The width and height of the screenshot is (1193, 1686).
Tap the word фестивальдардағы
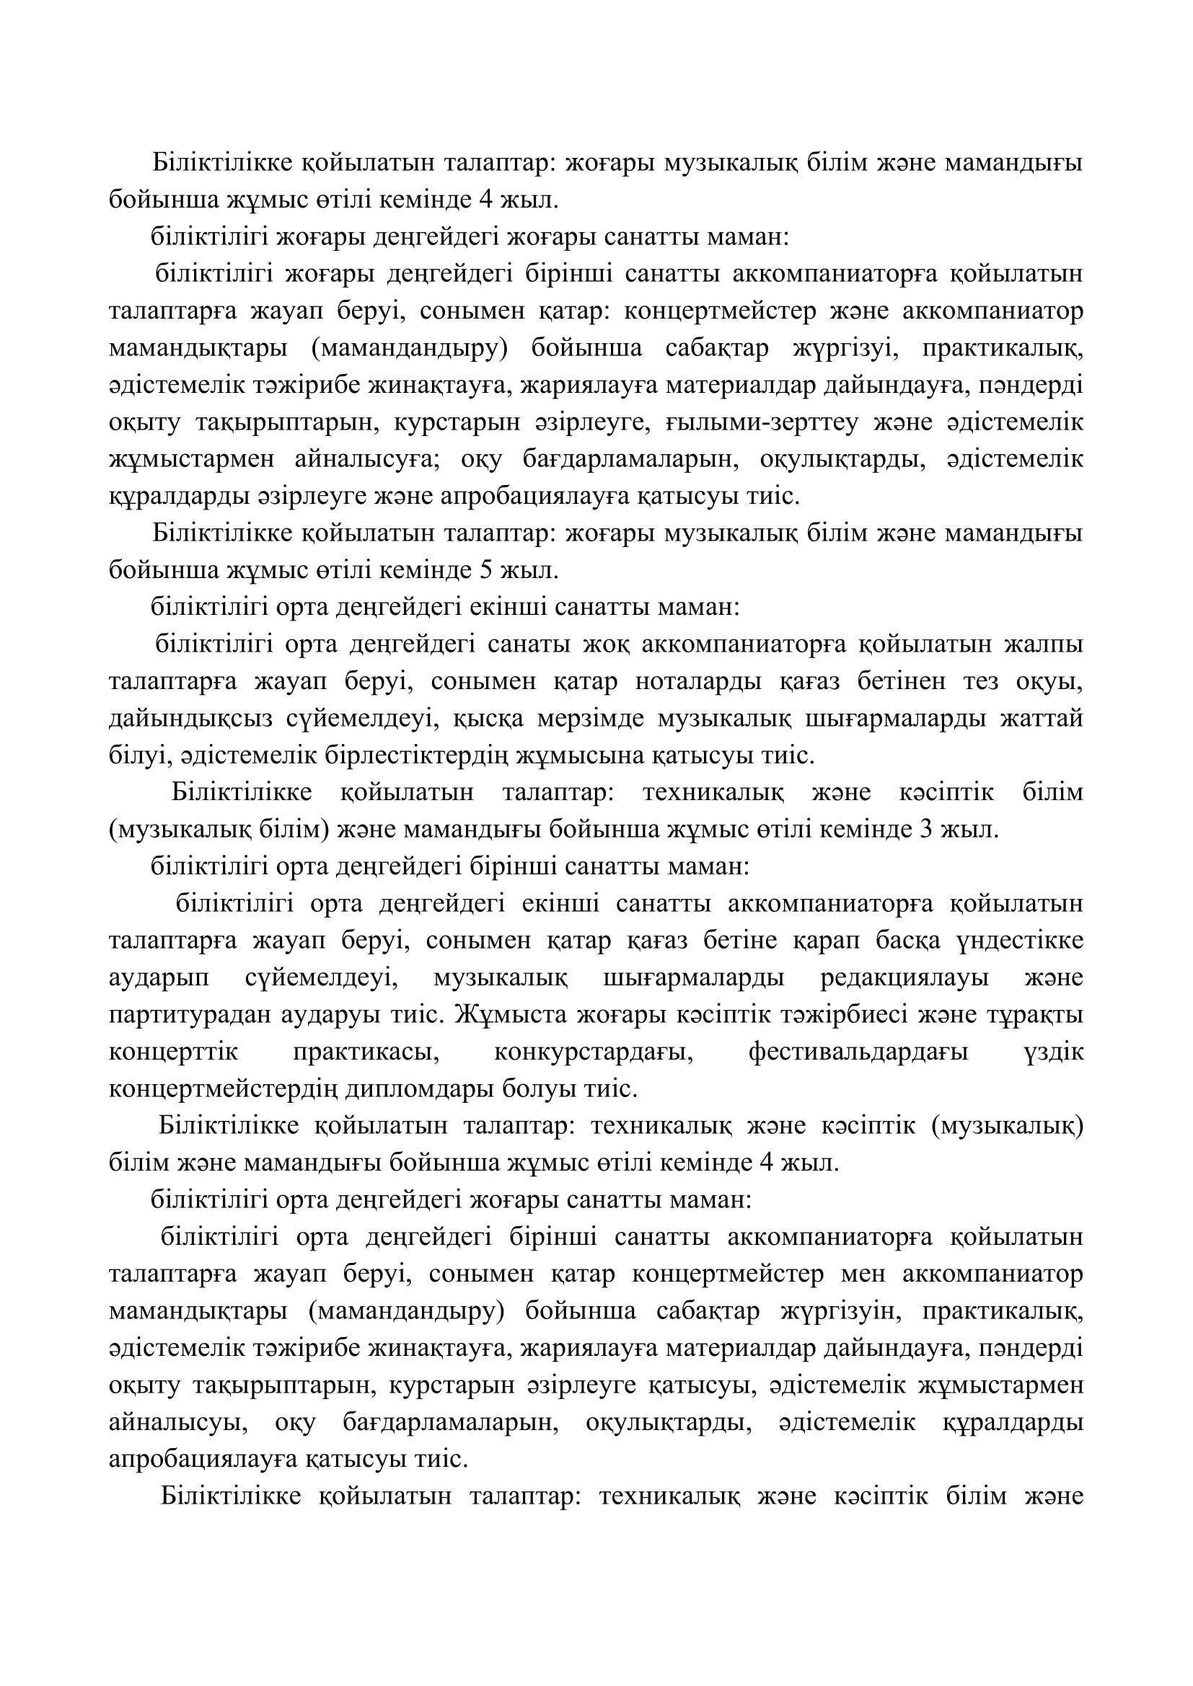pyautogui.click(x=858, y=1052)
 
